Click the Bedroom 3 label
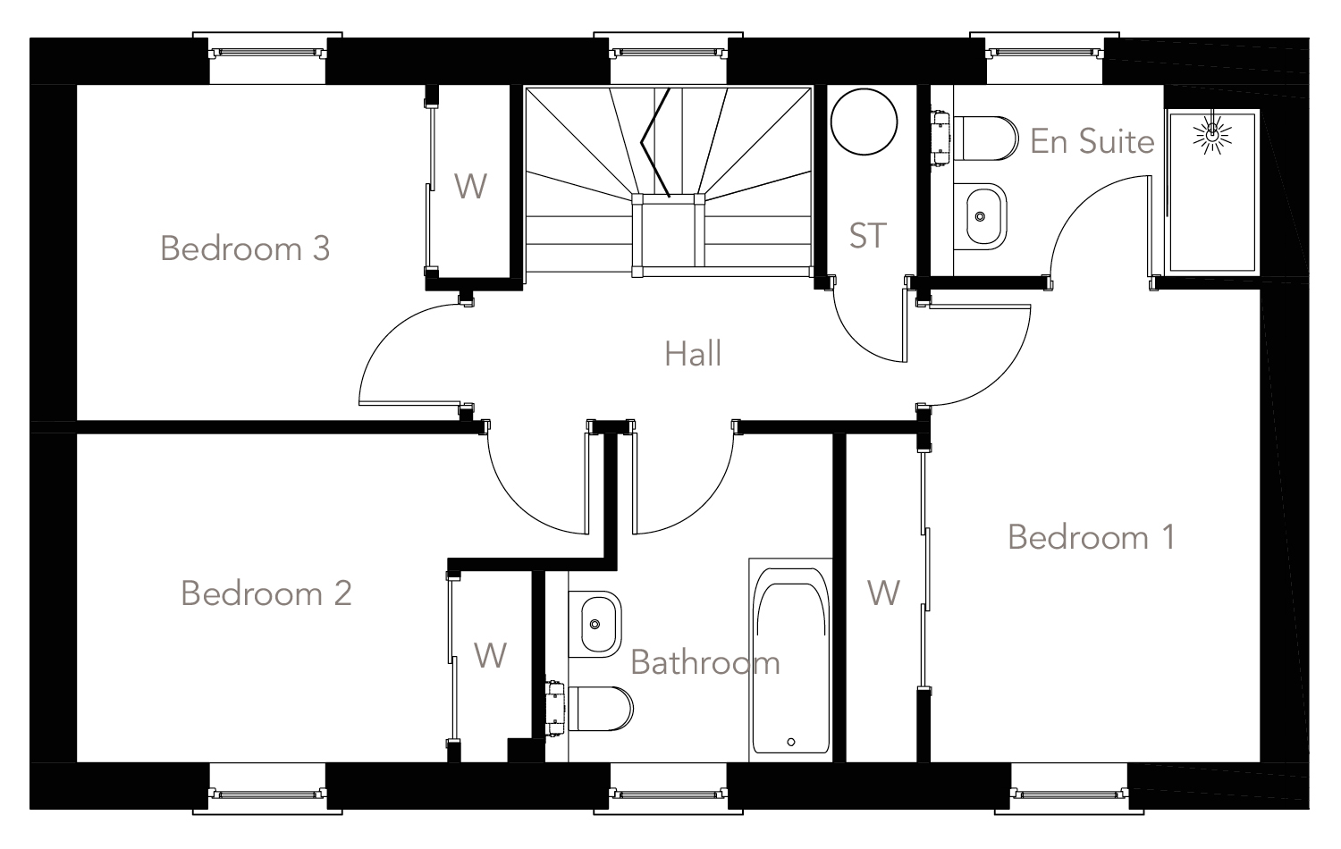coord(245,248)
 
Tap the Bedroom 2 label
coord(266,593)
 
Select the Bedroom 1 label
coord(1091,536)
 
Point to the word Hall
coord(693,354)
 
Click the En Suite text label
coord(1092,141)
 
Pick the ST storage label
coord(867,236)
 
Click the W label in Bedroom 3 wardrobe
coord(470,186)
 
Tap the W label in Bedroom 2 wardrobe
coord(490,655)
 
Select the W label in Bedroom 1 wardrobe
coord(883,593)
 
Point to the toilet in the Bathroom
coord(597,707)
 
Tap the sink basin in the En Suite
coord(982,216)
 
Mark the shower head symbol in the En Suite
coord(1211,135)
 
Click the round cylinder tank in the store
coord(864,123)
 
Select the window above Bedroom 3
coord(267,52)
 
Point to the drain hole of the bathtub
coord(791,742)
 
